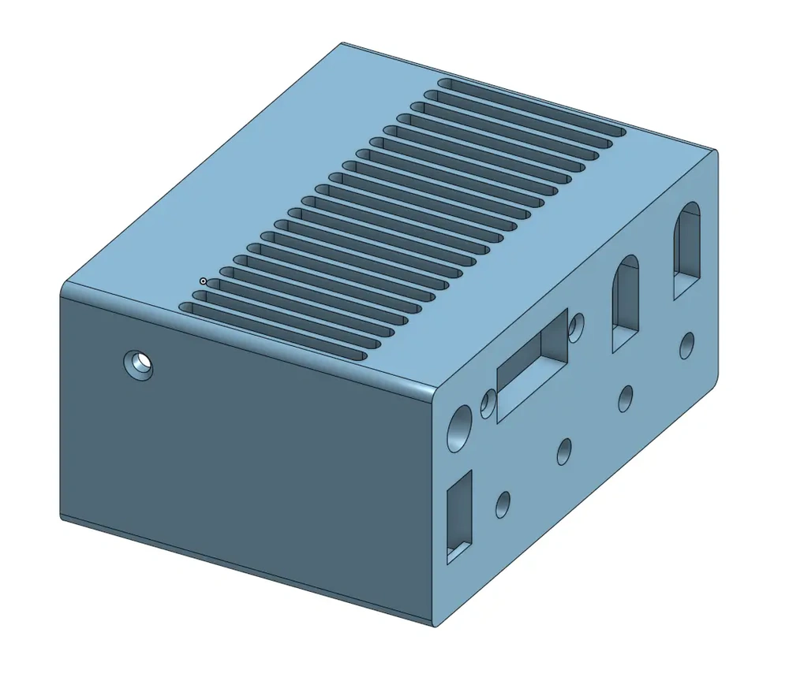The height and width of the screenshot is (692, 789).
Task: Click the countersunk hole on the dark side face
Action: click(139, 365)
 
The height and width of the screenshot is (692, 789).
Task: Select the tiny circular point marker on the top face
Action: click(204, 281)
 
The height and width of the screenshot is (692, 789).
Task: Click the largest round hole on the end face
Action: click(458, 430)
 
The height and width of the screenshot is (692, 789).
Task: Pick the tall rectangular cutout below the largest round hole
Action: click(459, 516)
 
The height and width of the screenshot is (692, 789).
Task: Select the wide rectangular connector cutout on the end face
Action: click(533, 366)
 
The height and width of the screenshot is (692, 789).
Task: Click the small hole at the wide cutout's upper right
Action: click(578, 324)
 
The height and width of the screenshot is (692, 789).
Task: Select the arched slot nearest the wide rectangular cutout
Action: click(626, 302)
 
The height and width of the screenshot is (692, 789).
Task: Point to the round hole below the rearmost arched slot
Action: click(688, 344)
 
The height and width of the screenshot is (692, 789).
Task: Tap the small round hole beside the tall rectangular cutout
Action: click(503, 504)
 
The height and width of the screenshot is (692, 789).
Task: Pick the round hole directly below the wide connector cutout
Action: click(564, 451)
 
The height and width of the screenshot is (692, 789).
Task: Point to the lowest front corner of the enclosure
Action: click(435, 626)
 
